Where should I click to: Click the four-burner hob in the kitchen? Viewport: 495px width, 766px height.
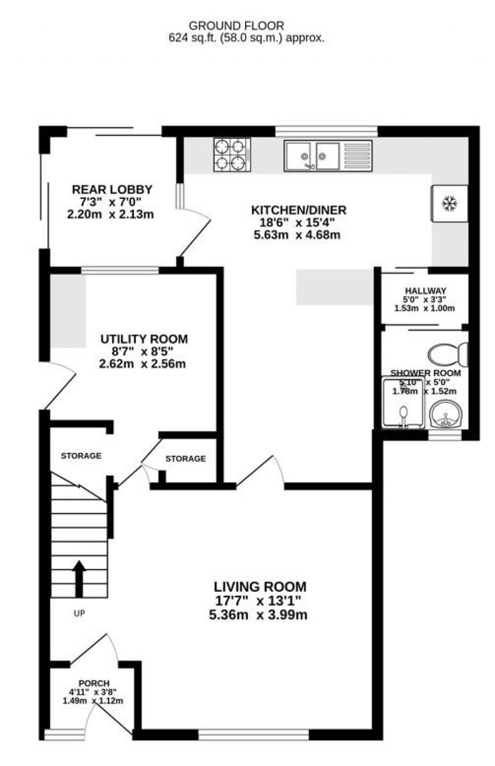pos(232,155)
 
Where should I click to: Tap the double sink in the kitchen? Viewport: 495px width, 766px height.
pos(314,156)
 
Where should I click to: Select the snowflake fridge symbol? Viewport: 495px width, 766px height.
pos(450,204)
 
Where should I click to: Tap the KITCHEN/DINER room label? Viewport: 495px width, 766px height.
pos(298,210)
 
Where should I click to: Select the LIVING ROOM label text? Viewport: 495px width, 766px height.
pos(260,587)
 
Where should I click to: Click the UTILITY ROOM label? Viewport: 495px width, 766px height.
pos(144,339)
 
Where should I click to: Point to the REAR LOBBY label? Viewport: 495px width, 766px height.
pos(112,189)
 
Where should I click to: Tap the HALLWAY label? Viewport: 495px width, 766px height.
pos(425,291)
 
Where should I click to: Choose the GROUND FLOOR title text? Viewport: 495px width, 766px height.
pos(236,26)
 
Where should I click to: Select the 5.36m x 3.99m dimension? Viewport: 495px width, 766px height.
pos(261,615)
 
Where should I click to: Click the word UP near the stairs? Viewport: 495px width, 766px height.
pos(79,614)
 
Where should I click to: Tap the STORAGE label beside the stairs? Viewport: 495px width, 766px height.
pos(81,456)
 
